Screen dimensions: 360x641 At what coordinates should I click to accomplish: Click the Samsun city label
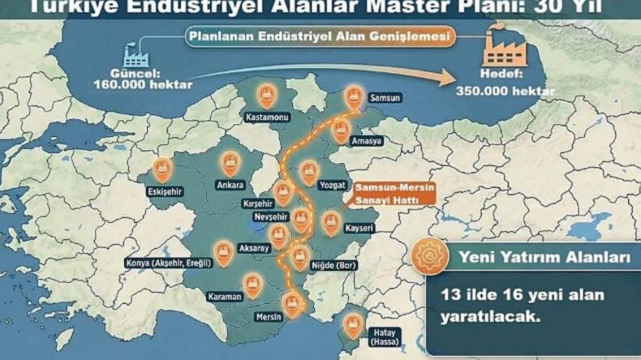(385, 98)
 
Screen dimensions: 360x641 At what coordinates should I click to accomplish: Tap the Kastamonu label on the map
(267, 117)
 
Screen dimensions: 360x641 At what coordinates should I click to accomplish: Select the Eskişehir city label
(161, 193)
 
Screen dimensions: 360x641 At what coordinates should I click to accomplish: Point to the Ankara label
(231, 183)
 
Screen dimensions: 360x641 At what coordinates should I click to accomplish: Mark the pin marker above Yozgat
(308, 172)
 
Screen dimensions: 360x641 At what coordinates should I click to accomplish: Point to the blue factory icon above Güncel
(139, 54)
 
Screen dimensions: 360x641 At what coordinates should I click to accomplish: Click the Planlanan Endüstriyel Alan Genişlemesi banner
(320, 37)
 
